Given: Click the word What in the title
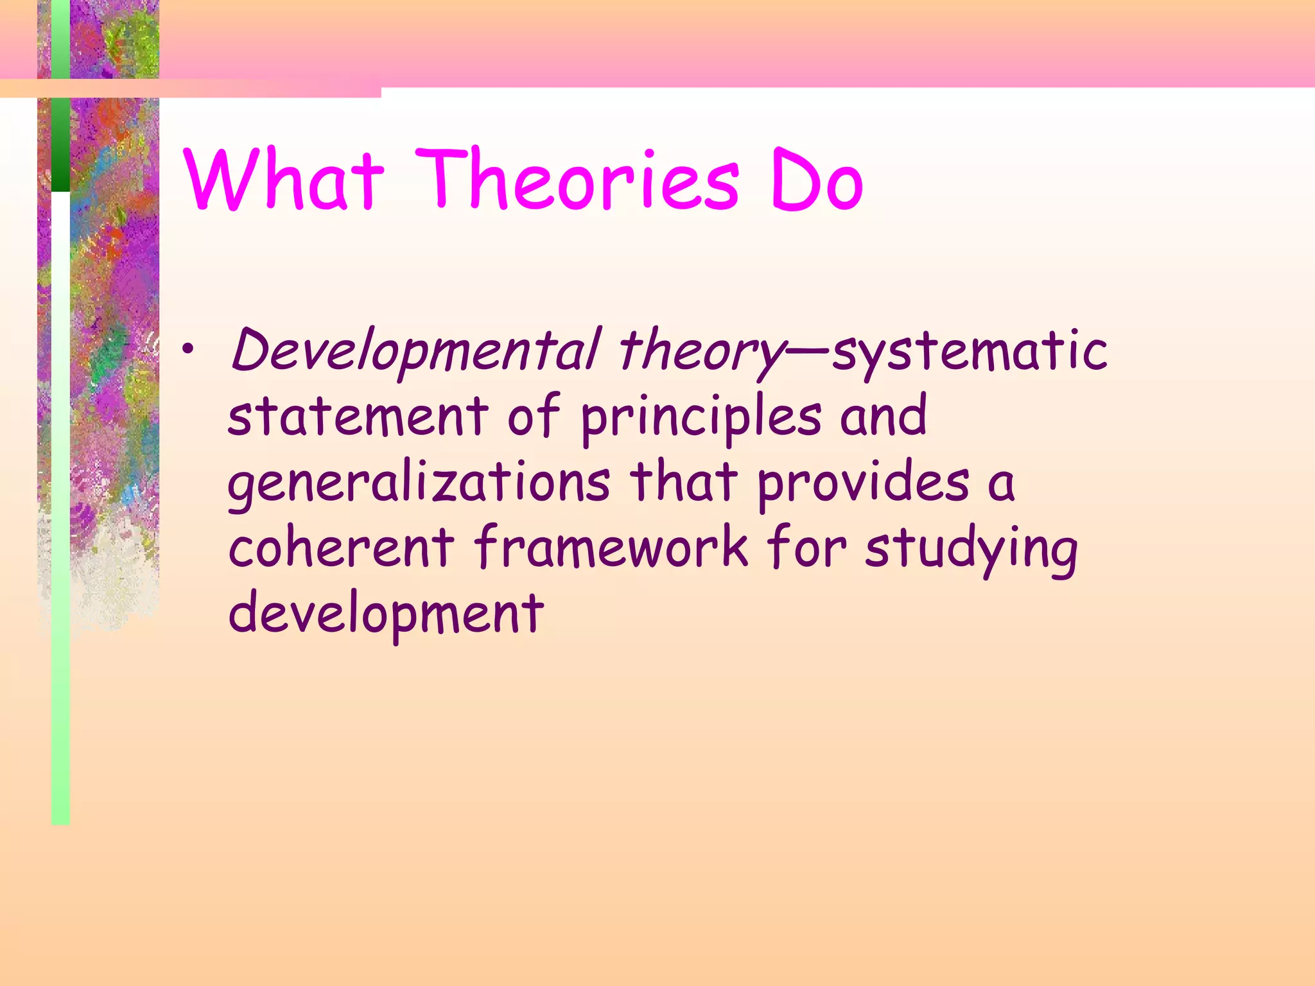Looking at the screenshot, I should tap(284, 179).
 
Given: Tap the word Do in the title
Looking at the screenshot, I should tap(817, 179).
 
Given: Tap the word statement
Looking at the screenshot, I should tap(358, 416).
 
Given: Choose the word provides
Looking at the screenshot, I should tap(864, 483).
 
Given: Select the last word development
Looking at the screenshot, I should tap(386, 614).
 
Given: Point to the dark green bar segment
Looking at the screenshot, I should tap(60, 144).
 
